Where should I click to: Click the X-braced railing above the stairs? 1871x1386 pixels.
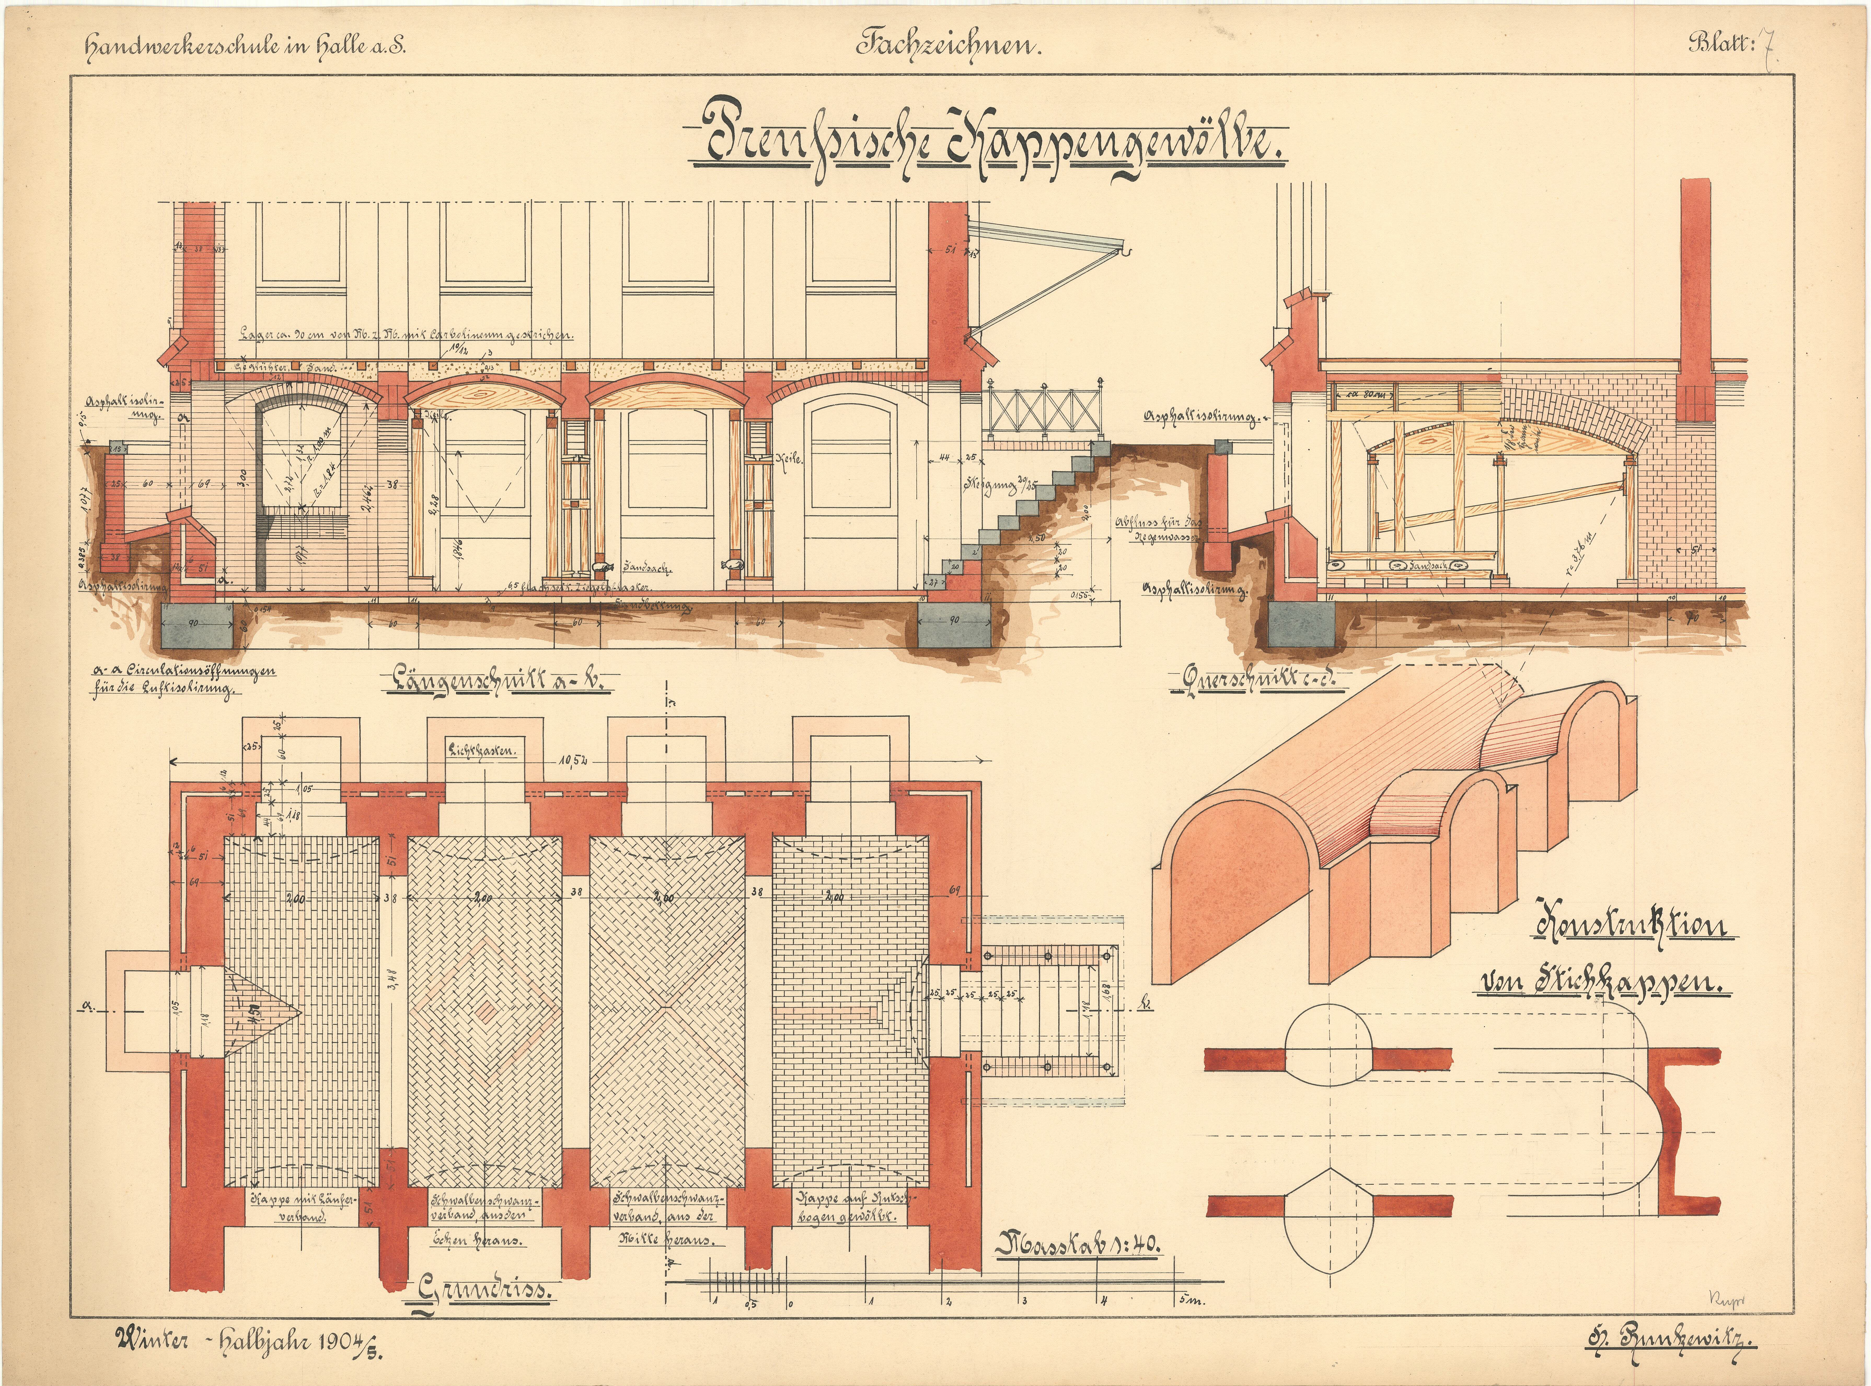[1043, 411]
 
